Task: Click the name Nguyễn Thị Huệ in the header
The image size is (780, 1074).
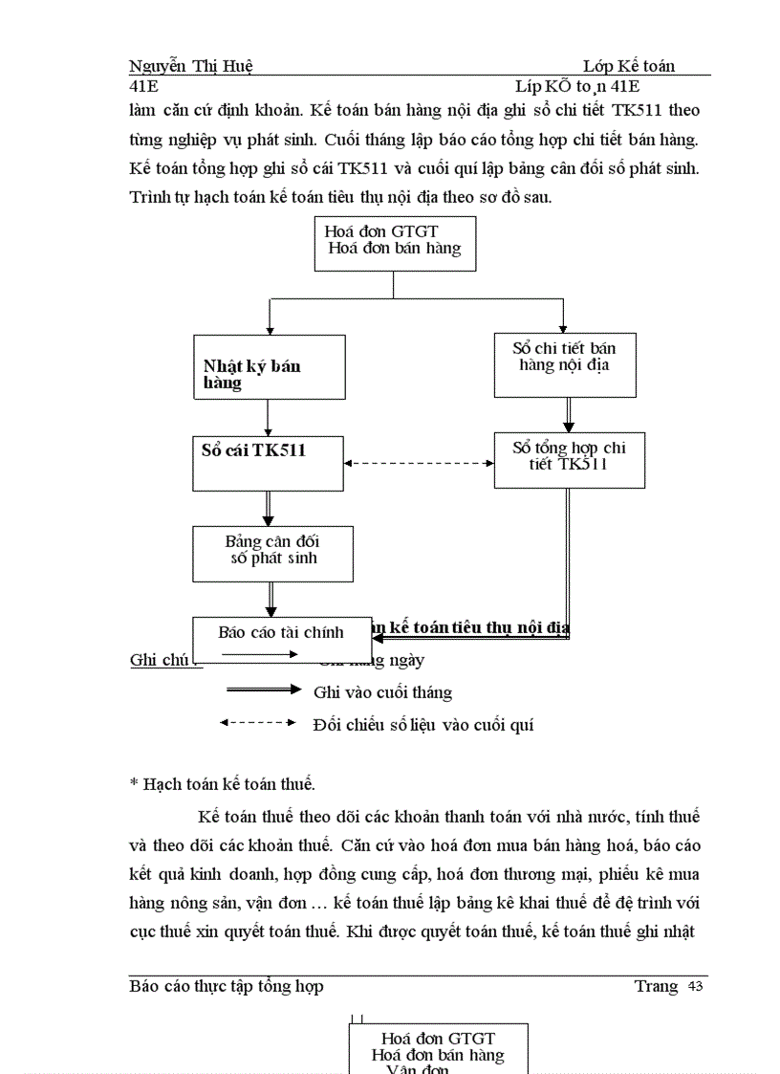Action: [190, 66]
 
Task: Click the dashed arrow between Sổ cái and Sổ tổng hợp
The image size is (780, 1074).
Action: [419, 464]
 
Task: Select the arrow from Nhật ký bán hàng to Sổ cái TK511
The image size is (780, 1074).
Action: [268, 417]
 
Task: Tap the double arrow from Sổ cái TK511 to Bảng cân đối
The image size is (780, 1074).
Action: [269, 508]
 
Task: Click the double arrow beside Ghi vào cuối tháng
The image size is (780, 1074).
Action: [262, 690]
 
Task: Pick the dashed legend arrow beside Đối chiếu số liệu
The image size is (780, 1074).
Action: [258, 723]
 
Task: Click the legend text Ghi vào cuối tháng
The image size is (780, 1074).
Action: [382, 692]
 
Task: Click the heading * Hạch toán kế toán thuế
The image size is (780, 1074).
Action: [222, 784]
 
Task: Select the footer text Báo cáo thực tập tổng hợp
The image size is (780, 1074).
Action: [227, 986]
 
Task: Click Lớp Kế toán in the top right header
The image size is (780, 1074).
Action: [629, 66]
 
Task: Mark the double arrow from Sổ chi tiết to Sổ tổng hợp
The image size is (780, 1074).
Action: [569, 414]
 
